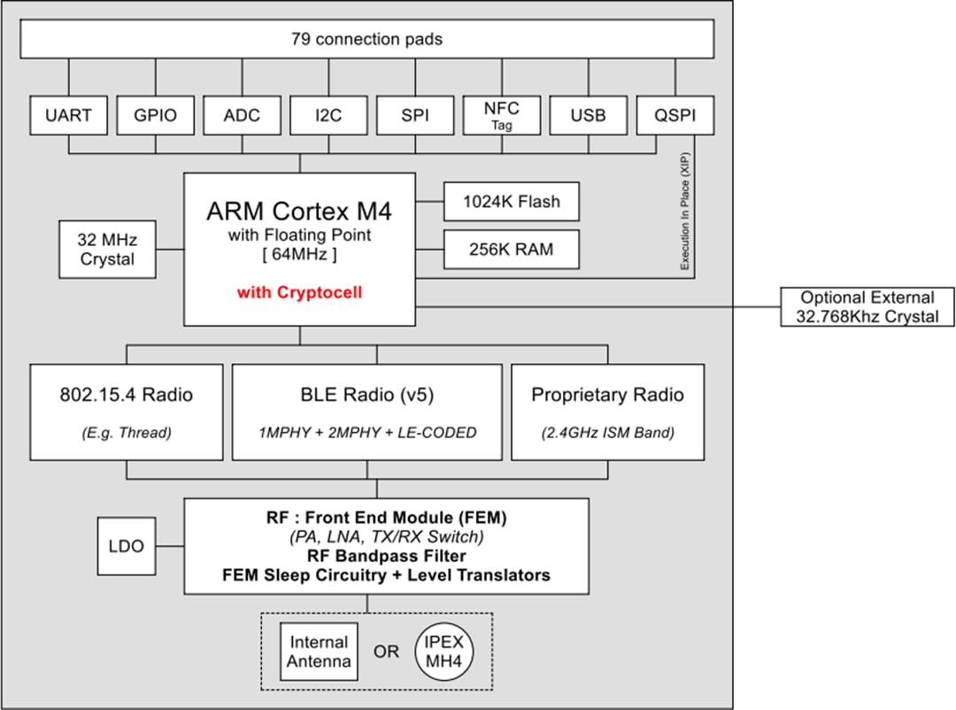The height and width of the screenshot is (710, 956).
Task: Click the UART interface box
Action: [68, 115]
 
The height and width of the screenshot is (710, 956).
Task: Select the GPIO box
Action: [155, 115]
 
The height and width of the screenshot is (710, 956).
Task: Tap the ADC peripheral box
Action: [242, 115]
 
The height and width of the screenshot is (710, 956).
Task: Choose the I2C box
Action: [328, 115]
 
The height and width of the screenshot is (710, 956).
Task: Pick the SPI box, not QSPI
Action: [415, 115]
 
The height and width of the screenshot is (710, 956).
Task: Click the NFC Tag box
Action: [502, 115]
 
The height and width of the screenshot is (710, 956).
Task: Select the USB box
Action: [589, 115]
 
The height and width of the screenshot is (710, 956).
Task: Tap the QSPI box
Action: [675, 115]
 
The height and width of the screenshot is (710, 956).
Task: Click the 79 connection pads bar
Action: [366, 39]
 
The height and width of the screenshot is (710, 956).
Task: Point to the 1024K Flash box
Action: [512, 202]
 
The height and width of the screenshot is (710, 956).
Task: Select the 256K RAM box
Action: [512, 250]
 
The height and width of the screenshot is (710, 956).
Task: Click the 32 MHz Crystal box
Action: [106, 250]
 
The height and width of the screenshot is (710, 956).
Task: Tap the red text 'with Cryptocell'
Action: [299, 292]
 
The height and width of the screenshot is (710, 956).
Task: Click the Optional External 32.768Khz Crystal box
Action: [867, 307]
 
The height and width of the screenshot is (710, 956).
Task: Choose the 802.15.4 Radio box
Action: [127, 412]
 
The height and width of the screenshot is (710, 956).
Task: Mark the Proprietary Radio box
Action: [608, 412]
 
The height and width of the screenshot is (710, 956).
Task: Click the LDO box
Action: [126, 546]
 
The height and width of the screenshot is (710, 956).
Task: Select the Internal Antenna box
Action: [320, 652]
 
